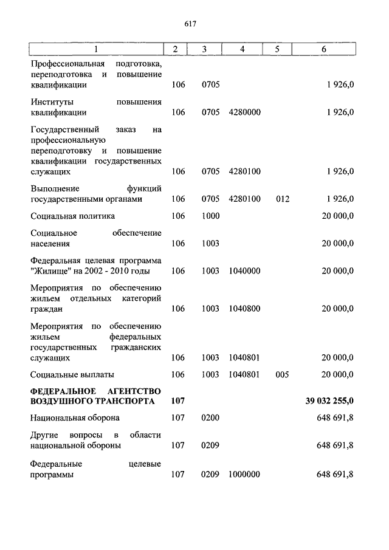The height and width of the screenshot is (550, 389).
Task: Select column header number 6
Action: click(x=324, y=49)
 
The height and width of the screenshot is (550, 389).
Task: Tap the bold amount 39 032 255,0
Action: click(x=329, y=401)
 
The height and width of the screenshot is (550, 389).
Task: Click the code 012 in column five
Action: click(x=283, y=199)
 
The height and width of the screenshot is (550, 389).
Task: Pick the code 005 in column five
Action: click(x=283, y=375)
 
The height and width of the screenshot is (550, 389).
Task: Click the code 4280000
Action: click(x=245, y=112)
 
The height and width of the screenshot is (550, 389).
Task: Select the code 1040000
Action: click(x=245, y=271)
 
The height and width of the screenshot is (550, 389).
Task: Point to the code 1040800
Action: click(x=245, y=309)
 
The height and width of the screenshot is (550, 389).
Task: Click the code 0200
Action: click(x=210, y=418)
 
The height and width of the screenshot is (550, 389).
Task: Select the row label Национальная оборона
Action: click(x=75, y=418)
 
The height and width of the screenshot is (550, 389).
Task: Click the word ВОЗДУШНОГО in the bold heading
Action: click(x=59, y=401)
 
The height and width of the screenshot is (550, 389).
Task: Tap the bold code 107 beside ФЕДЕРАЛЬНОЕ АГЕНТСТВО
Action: click(x=177, y=401)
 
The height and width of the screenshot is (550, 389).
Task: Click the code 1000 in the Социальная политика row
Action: click(x=210, y=216)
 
